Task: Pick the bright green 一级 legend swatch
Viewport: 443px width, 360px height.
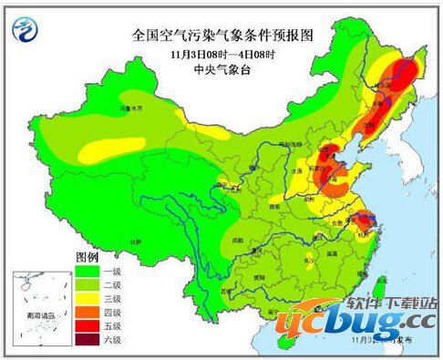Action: [89, 271]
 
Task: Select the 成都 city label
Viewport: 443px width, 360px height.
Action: [237, 239]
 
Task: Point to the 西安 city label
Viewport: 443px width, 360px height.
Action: [272, 207]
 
